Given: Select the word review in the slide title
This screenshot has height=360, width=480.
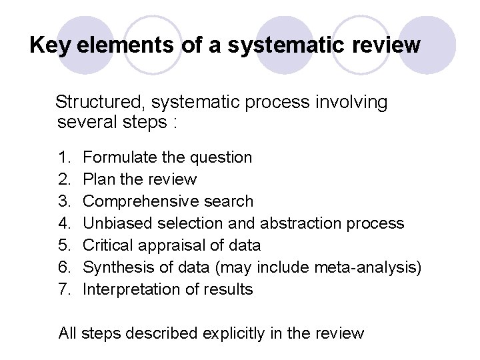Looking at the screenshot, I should tap(389, 46).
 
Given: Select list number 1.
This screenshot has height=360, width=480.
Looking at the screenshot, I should tap(65, 158).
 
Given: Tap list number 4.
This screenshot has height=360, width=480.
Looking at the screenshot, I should tap(65, 223).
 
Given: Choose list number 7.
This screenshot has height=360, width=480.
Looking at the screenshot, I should tap(65, 289).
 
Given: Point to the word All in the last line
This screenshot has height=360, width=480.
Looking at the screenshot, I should tap(67, 333).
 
